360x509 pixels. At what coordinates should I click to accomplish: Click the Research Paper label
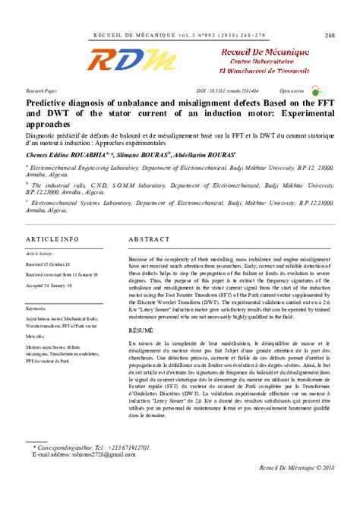41,89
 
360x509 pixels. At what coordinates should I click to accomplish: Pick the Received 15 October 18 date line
58,264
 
